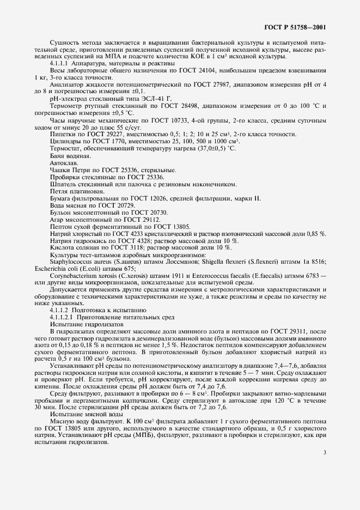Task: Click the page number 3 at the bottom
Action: [x=325, y=451]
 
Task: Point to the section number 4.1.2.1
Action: [x=62, y=317]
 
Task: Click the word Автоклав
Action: [x=60, y=178]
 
